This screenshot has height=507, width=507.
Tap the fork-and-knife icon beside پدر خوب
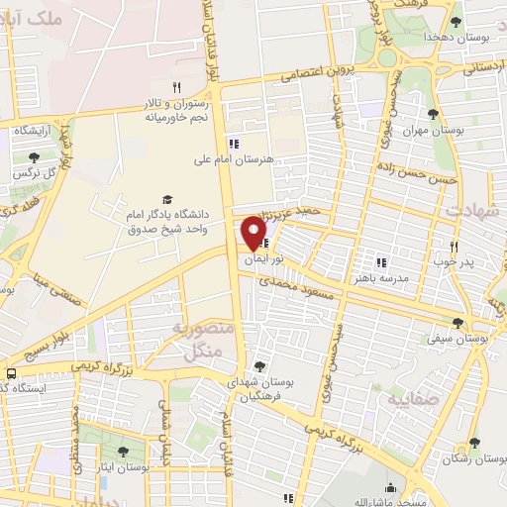pyautogui.click(x=455, y=246)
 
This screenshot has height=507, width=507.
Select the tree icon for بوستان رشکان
pyautogui.click(x=473, y=444)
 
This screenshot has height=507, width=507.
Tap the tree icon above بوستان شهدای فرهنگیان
pyautogui.click(x=259, y=366)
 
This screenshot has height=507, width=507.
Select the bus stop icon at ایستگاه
pyautogui.click(x=10, y=373)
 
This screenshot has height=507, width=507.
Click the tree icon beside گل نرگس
pyautogui.click(x=34, y=156)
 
